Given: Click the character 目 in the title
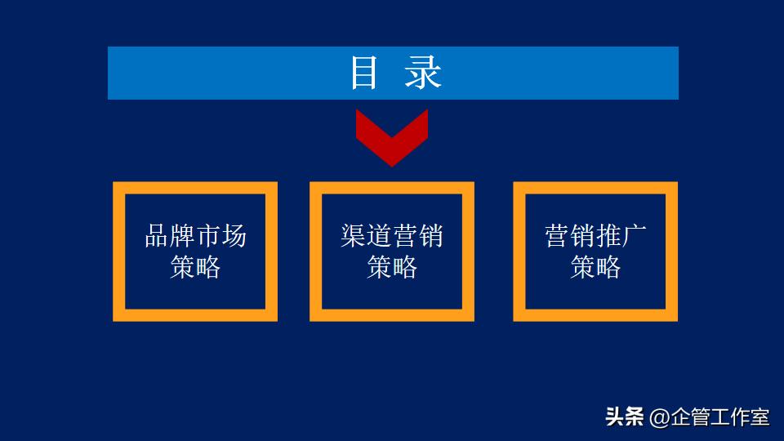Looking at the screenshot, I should (364, 73).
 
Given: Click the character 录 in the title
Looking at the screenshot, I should (423, 73).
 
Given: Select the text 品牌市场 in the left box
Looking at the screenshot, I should (195, 236).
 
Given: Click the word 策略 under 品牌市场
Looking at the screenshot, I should (195, 267).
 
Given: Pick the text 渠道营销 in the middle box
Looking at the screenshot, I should (392, 236).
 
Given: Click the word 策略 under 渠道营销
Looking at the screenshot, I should (392, 267).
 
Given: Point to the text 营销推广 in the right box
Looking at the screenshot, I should (595, 236).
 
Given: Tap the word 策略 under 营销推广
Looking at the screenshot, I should (595, 267).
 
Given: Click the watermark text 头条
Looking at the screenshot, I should (624, 417).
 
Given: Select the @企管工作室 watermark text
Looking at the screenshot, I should (710, 417).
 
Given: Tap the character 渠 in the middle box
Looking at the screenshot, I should (354, 236).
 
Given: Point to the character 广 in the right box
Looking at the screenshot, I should (634, 236).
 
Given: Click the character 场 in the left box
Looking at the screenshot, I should (234, 236).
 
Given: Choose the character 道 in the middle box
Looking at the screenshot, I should (379, 236).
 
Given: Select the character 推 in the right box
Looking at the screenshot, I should (608, 236).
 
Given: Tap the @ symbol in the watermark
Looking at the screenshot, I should (659, 418).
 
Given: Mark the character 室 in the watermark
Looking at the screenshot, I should (760, 417).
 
